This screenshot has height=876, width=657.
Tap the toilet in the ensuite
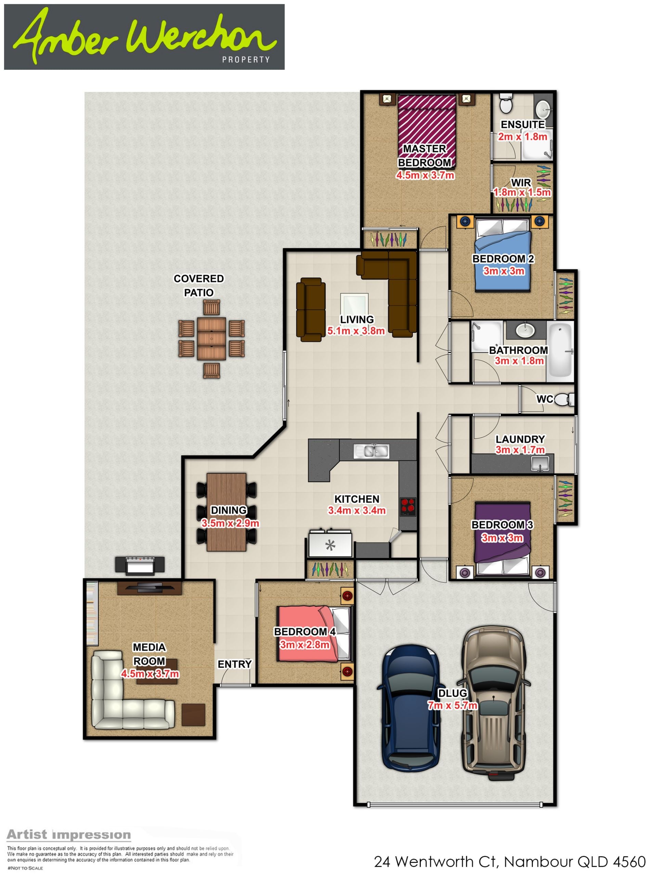coord(506,103)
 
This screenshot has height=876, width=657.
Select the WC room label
coord(544,399)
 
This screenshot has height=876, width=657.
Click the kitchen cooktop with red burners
coord(408,506)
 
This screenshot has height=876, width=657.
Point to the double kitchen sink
coord(372,451)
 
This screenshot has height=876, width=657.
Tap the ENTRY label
coord(234,664)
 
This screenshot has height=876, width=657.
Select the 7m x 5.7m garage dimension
coord(452,705)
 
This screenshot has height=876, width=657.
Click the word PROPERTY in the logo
coord(246,60)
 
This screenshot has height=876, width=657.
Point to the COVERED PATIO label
coord(199,285)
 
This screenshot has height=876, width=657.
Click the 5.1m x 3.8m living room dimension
coord(356,331)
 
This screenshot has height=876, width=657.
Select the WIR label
coord(521,183)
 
